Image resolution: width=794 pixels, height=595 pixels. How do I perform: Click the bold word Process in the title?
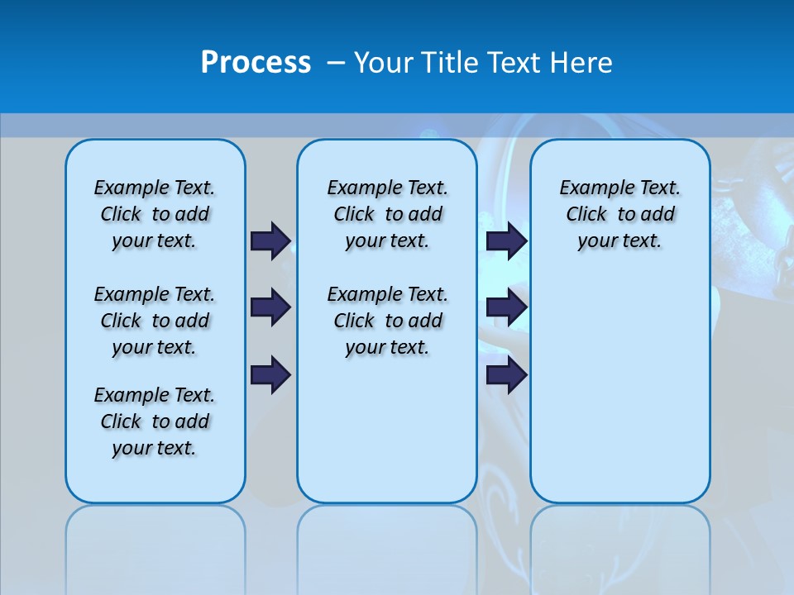256,63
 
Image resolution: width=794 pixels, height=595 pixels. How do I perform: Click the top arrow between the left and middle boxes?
270,240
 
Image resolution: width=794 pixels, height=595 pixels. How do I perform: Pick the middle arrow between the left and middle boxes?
270,307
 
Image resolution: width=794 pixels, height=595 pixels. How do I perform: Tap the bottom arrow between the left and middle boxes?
270,375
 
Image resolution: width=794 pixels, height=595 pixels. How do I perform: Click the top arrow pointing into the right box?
506,240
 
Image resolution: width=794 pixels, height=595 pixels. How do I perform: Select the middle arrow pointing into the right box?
506,307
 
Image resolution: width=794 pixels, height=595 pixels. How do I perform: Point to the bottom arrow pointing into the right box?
506,375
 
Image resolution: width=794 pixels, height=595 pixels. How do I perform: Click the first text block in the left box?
155,214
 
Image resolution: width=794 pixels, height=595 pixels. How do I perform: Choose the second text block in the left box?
155,321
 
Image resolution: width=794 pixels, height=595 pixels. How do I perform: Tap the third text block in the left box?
155,421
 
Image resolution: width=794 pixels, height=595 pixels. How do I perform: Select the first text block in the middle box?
387,214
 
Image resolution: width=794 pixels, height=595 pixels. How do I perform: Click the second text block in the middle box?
387,321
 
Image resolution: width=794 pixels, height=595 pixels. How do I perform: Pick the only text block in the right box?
619,214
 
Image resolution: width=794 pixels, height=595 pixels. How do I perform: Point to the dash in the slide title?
336,63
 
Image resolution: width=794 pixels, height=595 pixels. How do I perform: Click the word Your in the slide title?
384,63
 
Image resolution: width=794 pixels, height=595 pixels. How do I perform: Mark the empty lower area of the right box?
619,397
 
